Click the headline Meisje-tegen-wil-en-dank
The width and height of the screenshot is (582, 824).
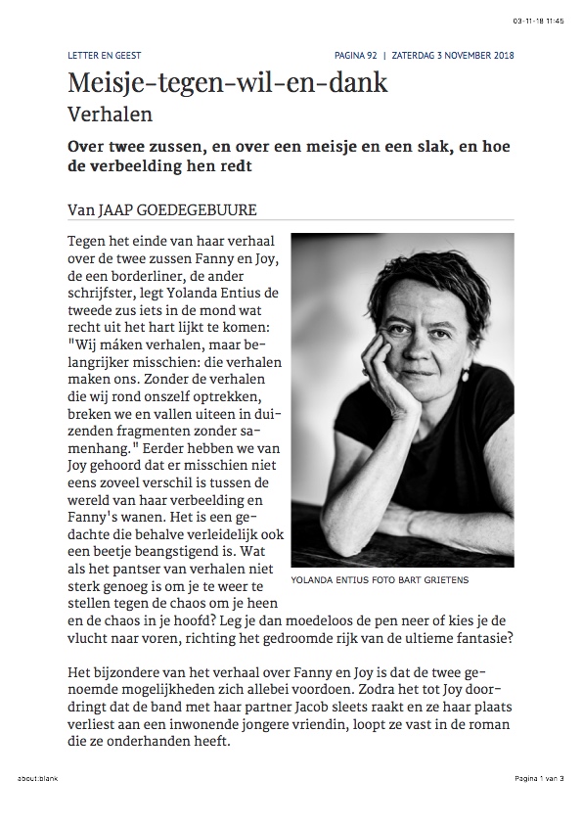[227, 83]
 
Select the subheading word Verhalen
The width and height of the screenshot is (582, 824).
[110, 114]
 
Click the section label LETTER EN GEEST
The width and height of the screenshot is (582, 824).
[100, 55]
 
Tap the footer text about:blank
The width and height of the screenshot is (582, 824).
[36, 778]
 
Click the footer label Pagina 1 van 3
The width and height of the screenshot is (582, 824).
[538, 778]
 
